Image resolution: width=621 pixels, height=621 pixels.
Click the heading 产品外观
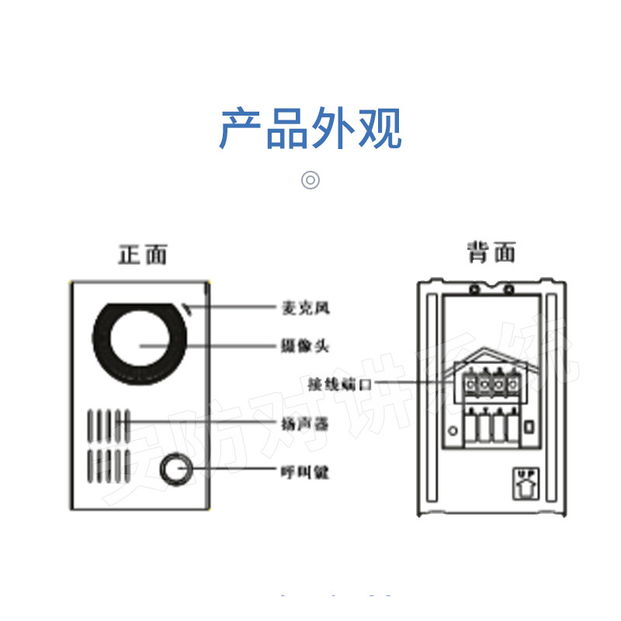310,129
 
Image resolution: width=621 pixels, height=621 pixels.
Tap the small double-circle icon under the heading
310,180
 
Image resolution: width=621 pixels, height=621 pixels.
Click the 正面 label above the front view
142,254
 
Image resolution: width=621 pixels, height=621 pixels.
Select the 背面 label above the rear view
491,252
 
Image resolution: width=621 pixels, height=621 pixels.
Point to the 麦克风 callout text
305,308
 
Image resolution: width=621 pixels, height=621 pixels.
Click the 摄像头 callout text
305,345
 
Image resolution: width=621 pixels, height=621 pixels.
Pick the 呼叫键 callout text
305,470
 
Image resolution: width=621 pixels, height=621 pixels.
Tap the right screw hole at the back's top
508,290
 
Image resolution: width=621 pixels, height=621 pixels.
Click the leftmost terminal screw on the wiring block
470,383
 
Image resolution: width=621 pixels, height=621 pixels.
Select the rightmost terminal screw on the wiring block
512,383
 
